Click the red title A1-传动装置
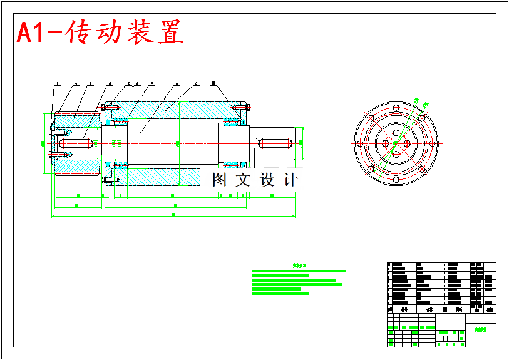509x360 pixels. (x=100, y=33)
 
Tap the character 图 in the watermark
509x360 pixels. (x=220, y=180)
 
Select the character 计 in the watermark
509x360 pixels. (x=290, y=180)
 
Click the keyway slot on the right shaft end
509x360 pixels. (x=274, y=143)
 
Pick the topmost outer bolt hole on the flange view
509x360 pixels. (x=396, y=108)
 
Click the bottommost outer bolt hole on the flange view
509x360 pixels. (x=396, y=180)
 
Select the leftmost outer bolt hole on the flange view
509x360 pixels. (x=360, y=143)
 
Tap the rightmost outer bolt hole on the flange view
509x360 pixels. (x=431, y=143)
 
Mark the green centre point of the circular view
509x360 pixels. (x=396, y=143)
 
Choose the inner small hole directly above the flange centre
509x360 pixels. (x=396, y=133)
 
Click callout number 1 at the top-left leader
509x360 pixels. (x=57, y=83)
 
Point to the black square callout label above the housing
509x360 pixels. (x=213, y=83)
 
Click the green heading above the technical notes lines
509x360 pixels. (x=299, y=265)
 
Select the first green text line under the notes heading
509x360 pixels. (x=299, y=271)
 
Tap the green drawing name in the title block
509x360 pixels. (x=481, y=329)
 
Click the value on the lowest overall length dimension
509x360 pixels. (x=173, y=215)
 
